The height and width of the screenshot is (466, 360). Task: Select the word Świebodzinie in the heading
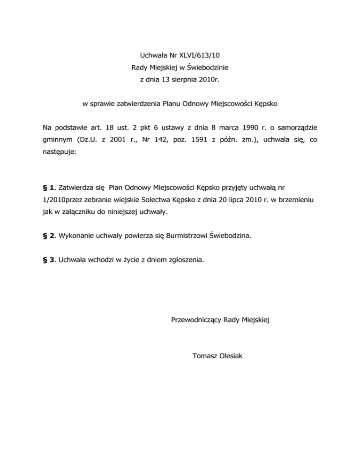[x=207, y=68]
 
